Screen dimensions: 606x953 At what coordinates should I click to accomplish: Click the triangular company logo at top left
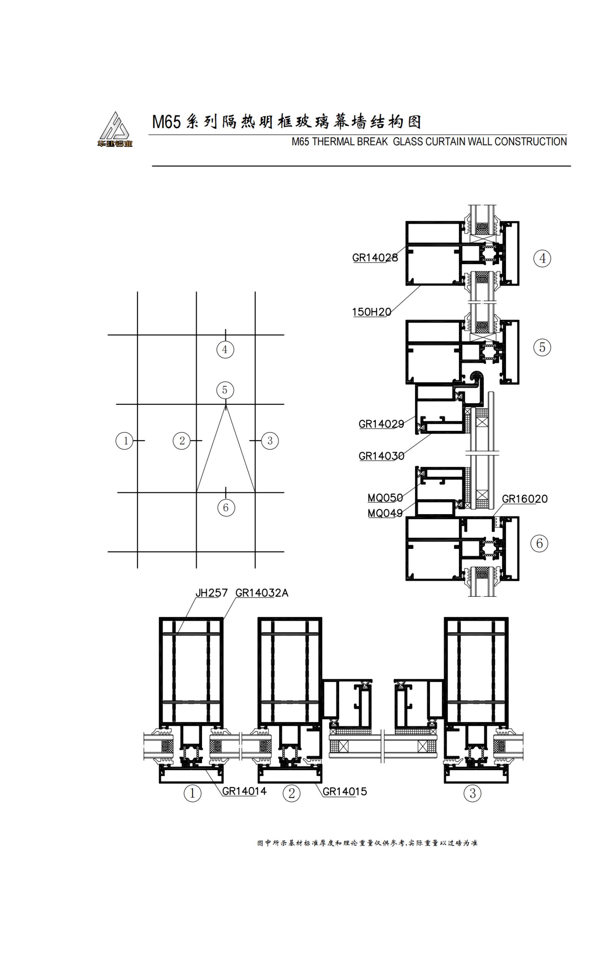click(115, 130)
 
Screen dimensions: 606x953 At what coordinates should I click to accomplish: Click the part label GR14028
click(375, 258)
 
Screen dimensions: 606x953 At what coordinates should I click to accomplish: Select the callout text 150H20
click(372, 312)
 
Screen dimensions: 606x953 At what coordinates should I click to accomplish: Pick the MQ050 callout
click(385, 498)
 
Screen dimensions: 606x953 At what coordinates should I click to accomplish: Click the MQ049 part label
click(385, 513)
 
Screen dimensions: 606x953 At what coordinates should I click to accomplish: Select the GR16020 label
click(525, 499)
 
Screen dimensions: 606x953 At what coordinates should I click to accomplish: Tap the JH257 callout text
click(212, 593)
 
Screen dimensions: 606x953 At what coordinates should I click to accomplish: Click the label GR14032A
click(262, 593)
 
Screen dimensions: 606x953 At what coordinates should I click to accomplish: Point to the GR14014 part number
click(244, 791)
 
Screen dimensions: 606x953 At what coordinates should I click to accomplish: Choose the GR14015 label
click(345, 792)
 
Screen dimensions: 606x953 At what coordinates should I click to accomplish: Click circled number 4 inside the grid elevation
click(225, 349)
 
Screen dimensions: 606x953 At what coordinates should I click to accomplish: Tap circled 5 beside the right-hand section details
click(542, 347)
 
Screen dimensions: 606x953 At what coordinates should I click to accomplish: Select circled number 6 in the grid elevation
click(226, 508)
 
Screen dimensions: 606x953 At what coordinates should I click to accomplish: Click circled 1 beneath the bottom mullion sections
click(192, 793)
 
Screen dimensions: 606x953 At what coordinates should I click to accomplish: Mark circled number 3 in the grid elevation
click(270, 440)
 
